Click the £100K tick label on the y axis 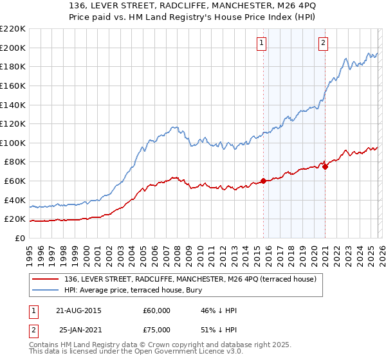pos(13,143)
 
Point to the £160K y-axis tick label pos(13,85)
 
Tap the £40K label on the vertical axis pos(15,200)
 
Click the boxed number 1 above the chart pos(262,44)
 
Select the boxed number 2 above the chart pos(323,44)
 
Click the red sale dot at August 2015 pos(263,181)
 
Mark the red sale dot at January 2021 pos(325,166)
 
